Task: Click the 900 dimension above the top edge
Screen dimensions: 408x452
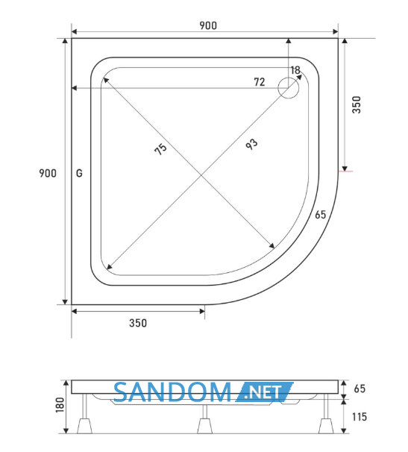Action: point(208,25)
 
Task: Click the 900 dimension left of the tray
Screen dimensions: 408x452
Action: point(48,173)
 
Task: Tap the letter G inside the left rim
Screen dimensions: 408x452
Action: point(79,173)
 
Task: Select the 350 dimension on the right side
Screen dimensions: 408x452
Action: point(357,104)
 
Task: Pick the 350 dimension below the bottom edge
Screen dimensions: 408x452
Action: point(138,323)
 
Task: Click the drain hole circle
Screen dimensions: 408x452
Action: point(289,88)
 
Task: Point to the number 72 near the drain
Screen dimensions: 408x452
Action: point(260,82)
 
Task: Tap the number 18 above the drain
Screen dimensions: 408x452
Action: point(295,70)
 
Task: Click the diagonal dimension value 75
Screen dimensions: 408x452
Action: point(160,149)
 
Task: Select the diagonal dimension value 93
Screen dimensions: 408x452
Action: point(251,144)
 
